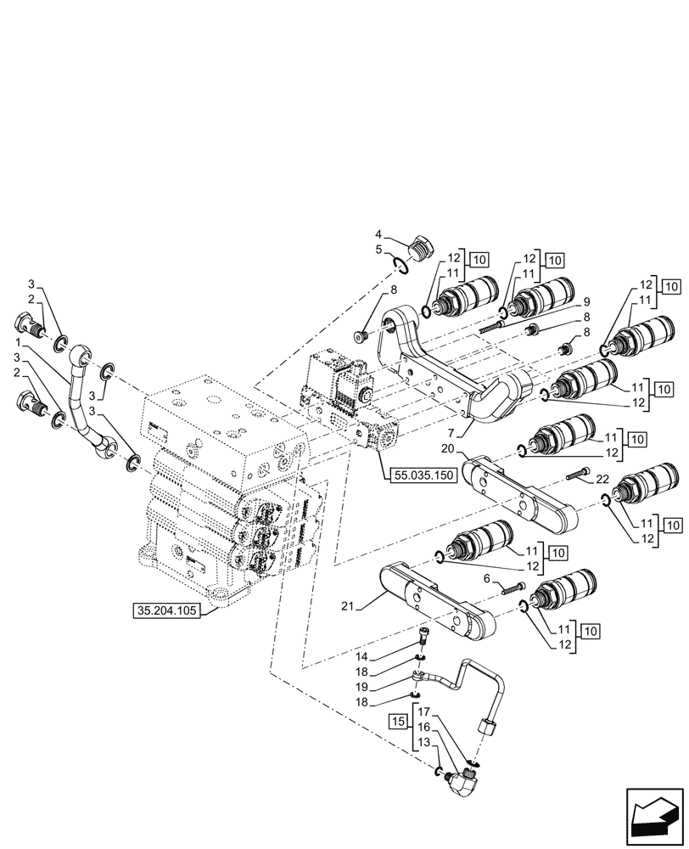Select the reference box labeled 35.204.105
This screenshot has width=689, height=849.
coord(167,610)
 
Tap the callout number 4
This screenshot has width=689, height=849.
coord(380,235)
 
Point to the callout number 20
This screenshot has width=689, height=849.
coord(449,448)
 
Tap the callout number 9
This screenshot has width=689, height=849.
coord(585,302)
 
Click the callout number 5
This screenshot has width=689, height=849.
coord(380,249)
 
